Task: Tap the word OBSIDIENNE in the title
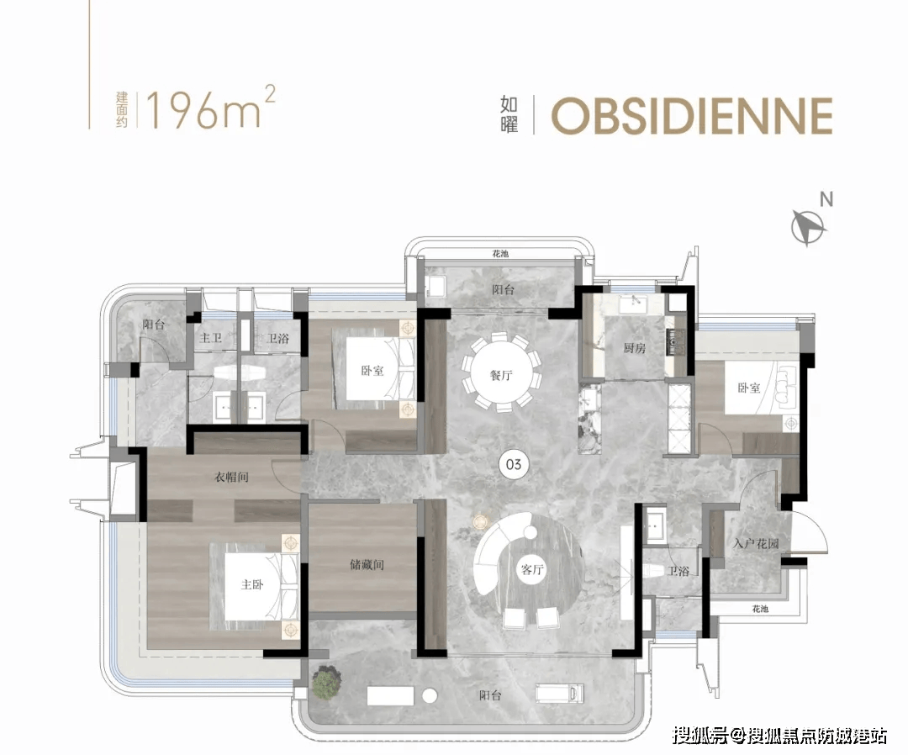(x=692, y=116)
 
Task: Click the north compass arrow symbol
(x=809, y=227)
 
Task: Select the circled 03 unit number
(x=514, y=464)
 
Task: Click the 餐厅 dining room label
(x=501, y=375)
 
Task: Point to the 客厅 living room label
(x=532, y=570)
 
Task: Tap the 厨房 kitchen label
(x=634, y=348)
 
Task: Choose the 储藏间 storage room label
(x=367, y=564)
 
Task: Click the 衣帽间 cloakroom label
(x=232, y=477)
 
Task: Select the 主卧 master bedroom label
(x=252, y=585)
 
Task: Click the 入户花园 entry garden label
(x=755, y=544)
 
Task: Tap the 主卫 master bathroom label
(x=210, y=337)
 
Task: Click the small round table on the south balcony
(x=430, y=695)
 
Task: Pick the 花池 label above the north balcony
(x=500, y=254)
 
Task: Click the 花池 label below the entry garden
(x=760, y=609)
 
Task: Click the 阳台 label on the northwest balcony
(x=154, y=325)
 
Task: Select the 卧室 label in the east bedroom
(x=749, y=388)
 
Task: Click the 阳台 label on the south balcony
(x=490, y=695)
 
